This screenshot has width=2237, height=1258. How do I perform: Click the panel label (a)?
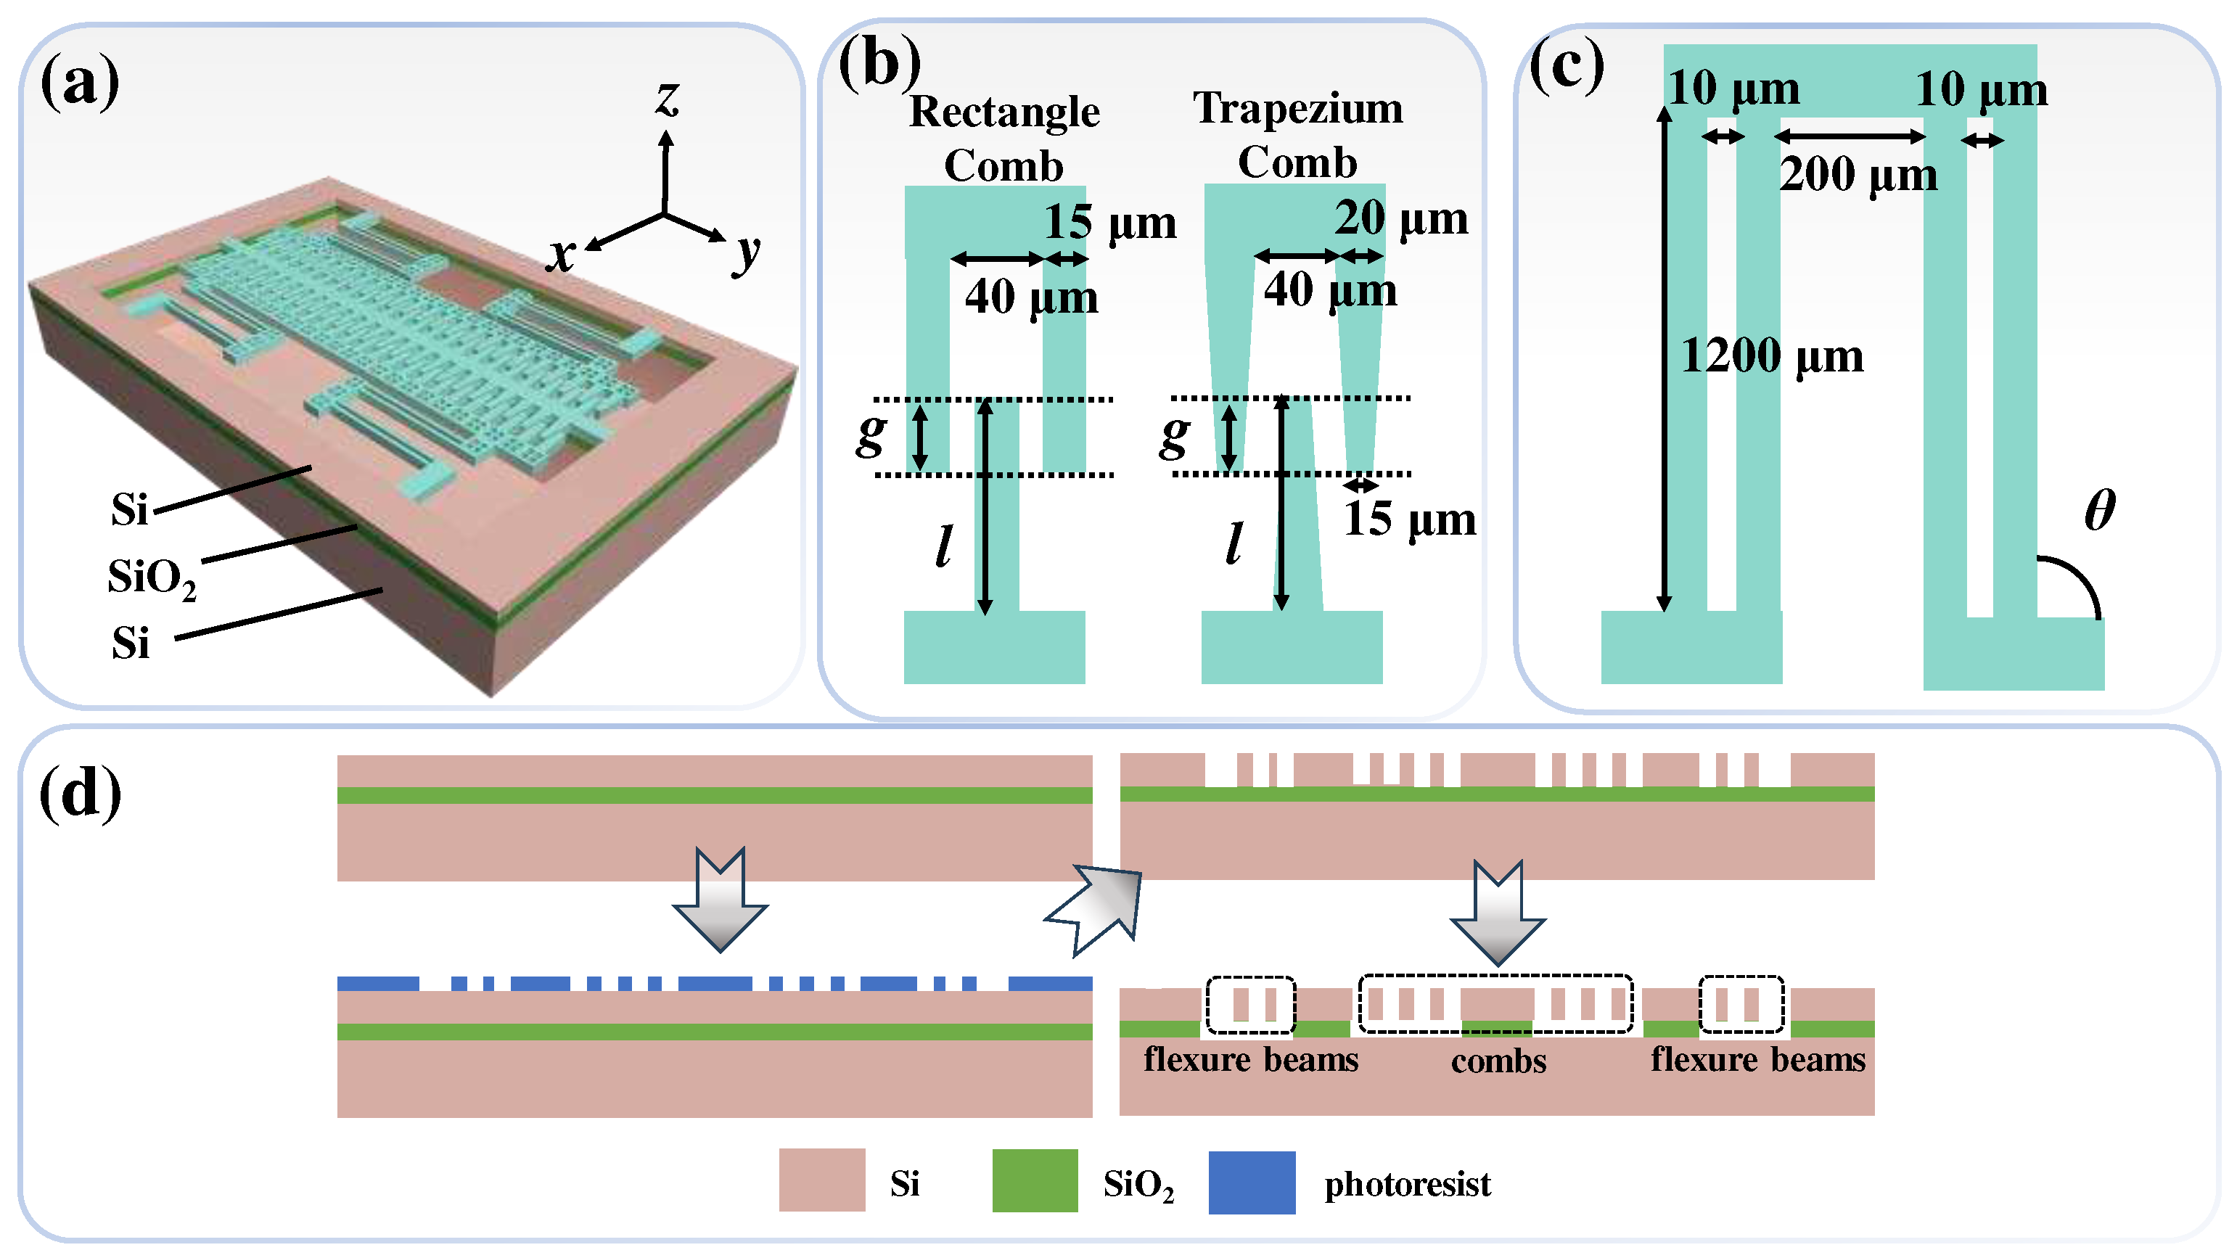click(x=80, y=81)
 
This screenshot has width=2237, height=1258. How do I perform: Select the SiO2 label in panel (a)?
click(x=151, y=577)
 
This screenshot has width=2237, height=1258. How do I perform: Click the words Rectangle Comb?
click(x=1004, y=138)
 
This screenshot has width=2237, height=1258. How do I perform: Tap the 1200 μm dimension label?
click(x=1772, y=356)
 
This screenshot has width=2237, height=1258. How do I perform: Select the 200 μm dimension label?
click(x=1858, y=175)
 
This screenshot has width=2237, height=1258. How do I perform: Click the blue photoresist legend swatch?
click(x=1252, y=1182)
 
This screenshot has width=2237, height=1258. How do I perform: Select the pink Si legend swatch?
click(x=821, y=1180)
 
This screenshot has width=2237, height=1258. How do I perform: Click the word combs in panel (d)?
click(x=1498, y=1061)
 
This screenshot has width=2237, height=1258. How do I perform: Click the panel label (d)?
click(x=80, y=793)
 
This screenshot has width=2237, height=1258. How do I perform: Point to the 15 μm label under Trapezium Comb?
click(x=1409, y=519)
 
